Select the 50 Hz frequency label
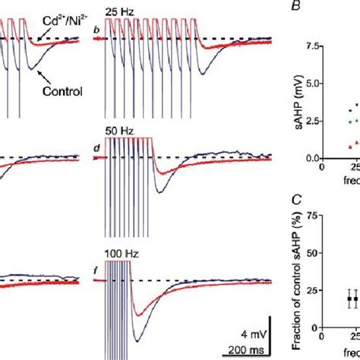120,131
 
